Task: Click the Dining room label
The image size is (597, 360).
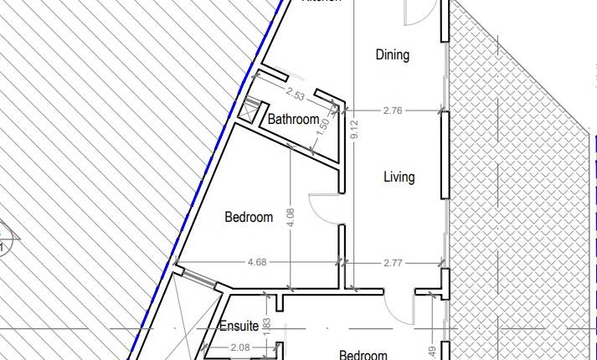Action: [392, 55]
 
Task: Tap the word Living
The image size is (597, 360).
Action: [399, 177]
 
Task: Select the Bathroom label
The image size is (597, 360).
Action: [293, 120]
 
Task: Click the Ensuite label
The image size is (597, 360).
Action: [239, 327]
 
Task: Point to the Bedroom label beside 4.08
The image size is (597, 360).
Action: [249, 218]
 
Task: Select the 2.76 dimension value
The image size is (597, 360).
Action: [392, 110]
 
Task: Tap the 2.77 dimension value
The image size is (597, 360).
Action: [393, 263]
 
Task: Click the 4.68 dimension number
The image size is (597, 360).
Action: [257, 263]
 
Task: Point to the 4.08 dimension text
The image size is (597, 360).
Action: [290, 217]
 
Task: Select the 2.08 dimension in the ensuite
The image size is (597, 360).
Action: [239, 347]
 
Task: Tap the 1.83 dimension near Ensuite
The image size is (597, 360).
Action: [267, 326]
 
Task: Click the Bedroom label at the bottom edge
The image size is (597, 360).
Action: [363, 355]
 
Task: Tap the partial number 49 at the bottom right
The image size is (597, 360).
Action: [430, 352]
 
